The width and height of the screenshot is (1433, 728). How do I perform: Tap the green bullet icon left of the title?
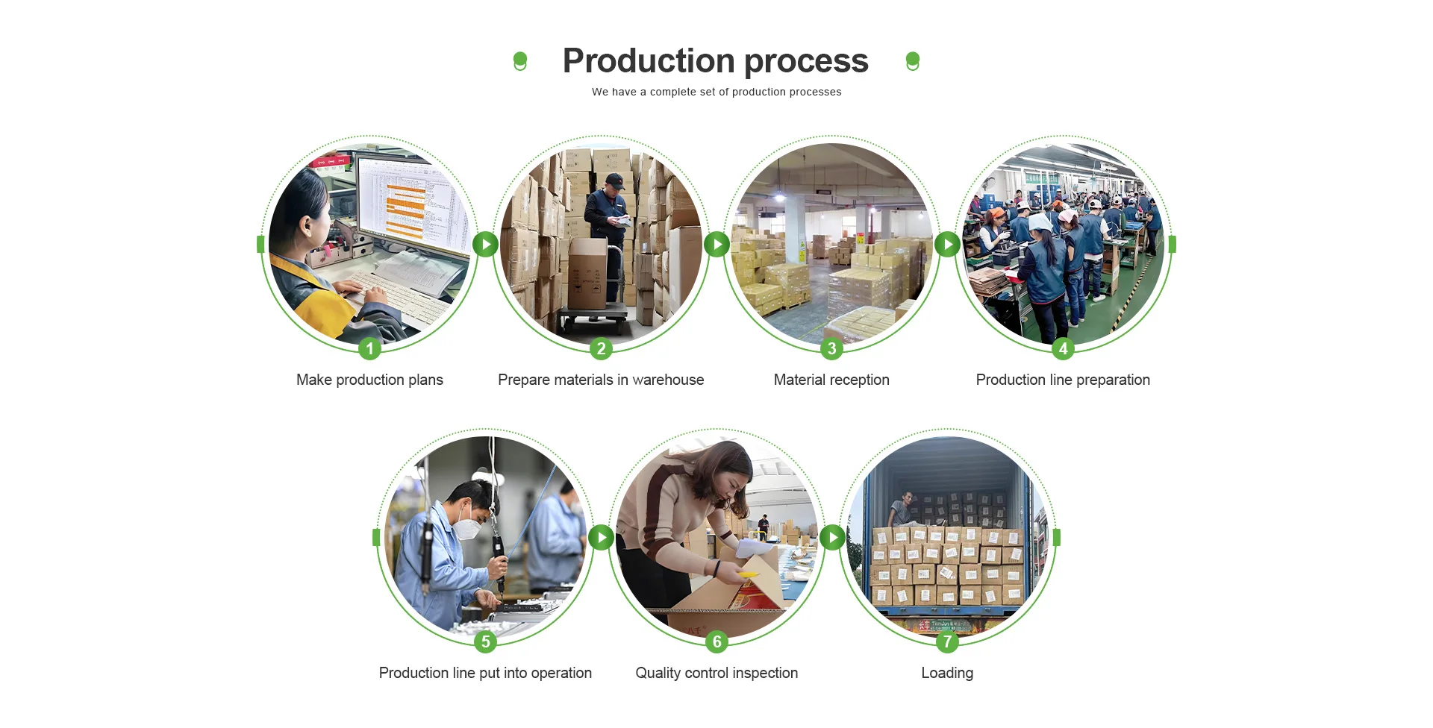tap(520, 61)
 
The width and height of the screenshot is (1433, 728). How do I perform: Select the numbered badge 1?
tap(369, 348)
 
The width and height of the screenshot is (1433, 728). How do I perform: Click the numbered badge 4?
tap(1063, 348)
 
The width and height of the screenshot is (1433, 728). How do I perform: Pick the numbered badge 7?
tap(947, 641)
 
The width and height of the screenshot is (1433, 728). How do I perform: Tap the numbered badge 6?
tap(716, 641)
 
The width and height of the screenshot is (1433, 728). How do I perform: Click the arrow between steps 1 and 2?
tap(485, 244)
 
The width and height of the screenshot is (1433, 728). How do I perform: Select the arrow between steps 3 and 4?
tap(947, 244)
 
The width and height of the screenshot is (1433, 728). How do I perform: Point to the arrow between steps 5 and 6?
tap(601, 537)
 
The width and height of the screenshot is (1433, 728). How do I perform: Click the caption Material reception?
tap(831, 380)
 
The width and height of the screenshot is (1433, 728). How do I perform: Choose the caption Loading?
tap(947, 673)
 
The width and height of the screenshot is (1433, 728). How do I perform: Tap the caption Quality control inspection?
tap(716, 673)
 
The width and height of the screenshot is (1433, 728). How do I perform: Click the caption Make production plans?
tap(369, 380)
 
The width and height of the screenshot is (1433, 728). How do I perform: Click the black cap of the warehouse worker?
tap(614, 180)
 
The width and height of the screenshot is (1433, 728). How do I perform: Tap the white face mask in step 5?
tap(469, 527)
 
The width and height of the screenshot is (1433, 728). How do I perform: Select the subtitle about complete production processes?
tap(716, 92)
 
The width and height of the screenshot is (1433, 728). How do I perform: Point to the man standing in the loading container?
tap(903, 511)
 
